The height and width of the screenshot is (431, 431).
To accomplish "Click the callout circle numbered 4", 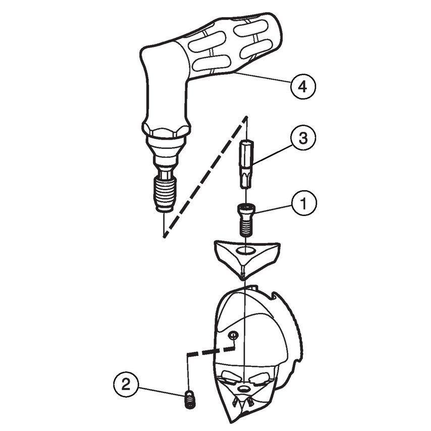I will (x=302, y=86).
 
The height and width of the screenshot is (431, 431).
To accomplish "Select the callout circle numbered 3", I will (x=302, y=138).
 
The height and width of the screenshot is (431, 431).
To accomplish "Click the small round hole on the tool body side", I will (x=233, y=335).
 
